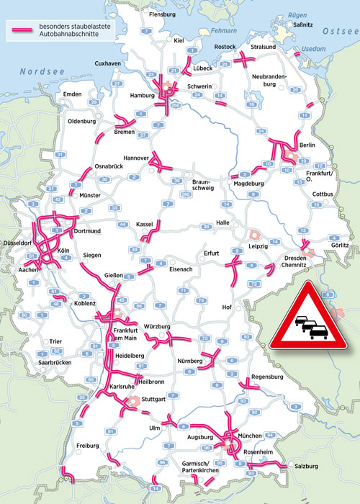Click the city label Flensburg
point(162,14)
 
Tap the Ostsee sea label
point(338,31)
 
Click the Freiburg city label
point(86,446)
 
